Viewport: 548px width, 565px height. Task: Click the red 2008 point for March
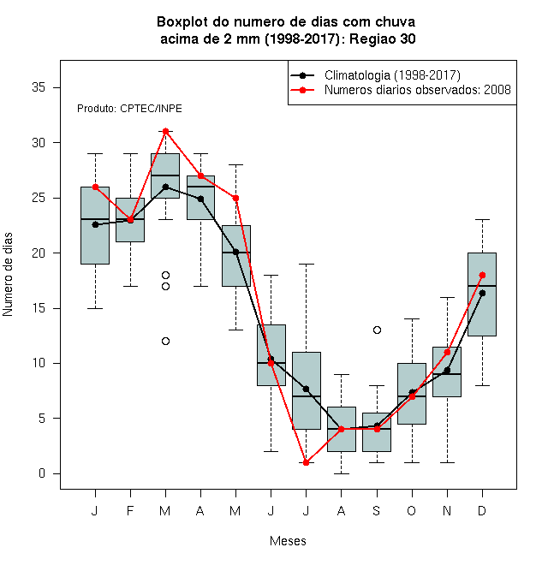click(x=165, y=131)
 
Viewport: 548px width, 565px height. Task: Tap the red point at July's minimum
click(x=306, y=462)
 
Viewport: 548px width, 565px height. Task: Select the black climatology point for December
click(x=482, y=294)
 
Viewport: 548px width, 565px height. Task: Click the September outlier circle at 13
click(x=377, y=330)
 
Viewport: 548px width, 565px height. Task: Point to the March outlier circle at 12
click(x=165, y=341)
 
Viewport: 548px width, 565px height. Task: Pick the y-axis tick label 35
click(x=39, y=87)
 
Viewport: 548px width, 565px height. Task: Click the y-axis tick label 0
click(x=42, y=473)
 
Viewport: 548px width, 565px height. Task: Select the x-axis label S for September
click(x=377, y=510)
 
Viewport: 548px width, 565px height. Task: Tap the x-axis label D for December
click(x=482, y=510)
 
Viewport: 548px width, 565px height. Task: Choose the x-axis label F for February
click(x=130, y=510)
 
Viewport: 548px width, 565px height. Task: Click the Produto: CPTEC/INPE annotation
click(x=129, y=109)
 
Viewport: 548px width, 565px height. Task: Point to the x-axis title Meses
click(x=288, y=541)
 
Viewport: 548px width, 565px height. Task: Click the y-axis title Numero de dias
click(x=8, y=275)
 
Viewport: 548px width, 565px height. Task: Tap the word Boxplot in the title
click(x=182, y=22)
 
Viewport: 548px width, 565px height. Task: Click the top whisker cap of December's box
click(x=482, y=219)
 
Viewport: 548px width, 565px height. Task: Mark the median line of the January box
click(x=95, y=219)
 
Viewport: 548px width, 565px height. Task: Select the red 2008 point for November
click(x=447, y=353)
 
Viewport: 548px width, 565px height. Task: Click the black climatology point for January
click(x=95, y=224)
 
